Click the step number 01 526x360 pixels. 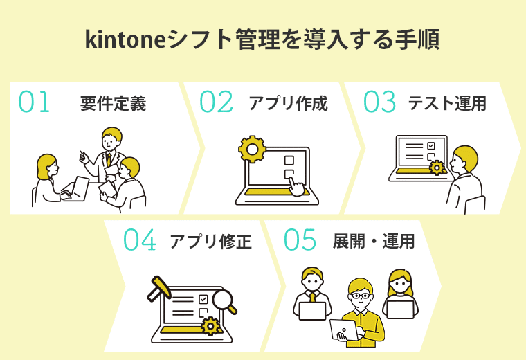(x=35, y=102)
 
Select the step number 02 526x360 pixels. (x=216, y=102)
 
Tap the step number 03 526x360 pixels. (x=379, y=102)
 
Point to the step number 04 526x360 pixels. (x=140, y=240)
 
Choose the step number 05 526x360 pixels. (x=300, y=240)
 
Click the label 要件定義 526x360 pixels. (x=113, y=104)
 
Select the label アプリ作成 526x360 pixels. (x=288, y=104)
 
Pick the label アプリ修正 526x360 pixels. (x=210, y=242)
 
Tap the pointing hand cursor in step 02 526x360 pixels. (x=296, y=185)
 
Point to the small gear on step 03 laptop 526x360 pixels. (x=436, y=168)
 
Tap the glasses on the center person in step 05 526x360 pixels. (x=359, y=296)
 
